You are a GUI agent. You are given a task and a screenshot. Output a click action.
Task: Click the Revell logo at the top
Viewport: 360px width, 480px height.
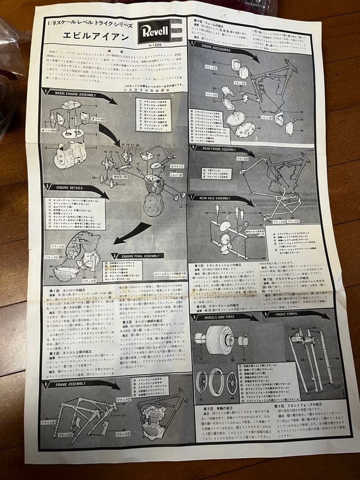pyautogui.click(x=154, y=31)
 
